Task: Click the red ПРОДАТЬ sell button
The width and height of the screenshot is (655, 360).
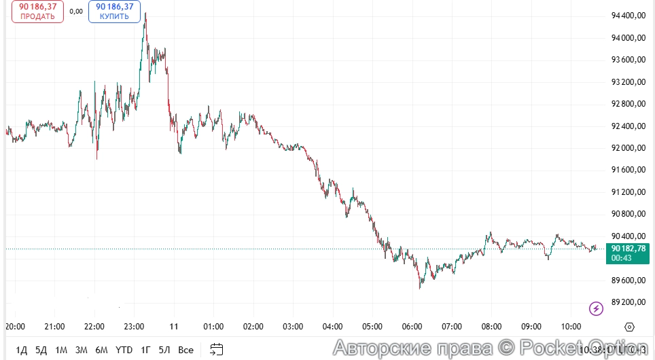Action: click(x=37, y=12)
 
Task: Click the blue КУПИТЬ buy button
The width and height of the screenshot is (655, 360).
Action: click(x=114, y=12)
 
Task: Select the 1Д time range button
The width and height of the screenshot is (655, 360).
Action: click(x=22, y=350)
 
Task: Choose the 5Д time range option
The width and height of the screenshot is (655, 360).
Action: click(x=41, y=350)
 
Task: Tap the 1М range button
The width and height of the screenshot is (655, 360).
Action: click(x=61, y=350)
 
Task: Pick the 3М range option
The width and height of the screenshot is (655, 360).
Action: click(x=82, y=350)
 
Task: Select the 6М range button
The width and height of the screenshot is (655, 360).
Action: click(x=102, y=350)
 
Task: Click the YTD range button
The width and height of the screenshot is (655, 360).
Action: click(x=124, y=350)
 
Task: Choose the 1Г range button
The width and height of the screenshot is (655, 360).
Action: click(x=145, y=350)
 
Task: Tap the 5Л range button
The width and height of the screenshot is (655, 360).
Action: click(x=164, y=350)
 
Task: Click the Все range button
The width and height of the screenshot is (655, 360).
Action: click(x=185, y=350)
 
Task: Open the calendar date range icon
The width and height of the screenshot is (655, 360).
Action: click(x=217, y=350)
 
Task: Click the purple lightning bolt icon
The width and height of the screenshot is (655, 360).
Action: click(x=596, y=308)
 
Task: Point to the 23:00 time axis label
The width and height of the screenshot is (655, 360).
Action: click(x=134, y=327)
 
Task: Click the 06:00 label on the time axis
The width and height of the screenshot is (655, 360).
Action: click(x=412, y=327)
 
